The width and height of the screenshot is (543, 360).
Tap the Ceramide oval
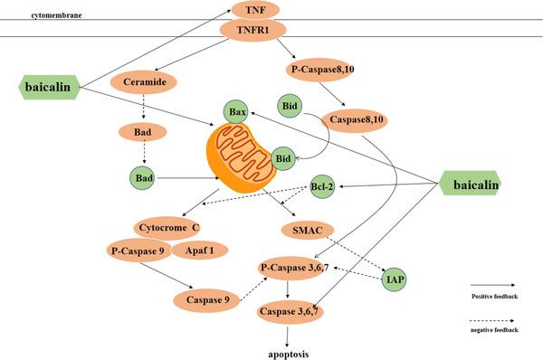tap(143, 82)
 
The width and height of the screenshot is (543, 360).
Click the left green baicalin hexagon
tap(50, 87)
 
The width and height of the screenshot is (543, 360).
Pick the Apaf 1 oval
tap(200, 249)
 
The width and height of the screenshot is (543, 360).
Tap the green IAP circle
tap(394, 279)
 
